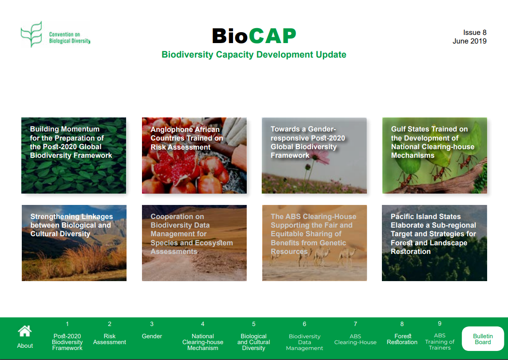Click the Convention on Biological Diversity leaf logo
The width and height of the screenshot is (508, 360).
(x=31, y=34)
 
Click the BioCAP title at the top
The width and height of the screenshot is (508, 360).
(x=254, y=36)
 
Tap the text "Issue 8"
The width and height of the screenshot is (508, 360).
(x=474, y=32)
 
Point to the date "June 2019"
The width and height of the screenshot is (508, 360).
(x=469, y=41)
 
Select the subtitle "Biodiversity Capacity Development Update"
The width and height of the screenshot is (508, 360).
(x=254, y=54)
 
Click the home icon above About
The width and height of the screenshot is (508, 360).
(x=25, y=331)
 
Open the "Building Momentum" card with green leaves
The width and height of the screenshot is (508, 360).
(x=74, y=156)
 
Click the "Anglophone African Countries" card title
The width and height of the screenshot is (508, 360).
(x=186, y=138)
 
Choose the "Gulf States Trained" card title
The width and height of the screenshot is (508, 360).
(x=433, y=142)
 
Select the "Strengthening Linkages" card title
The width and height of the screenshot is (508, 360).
(x=72, y=225)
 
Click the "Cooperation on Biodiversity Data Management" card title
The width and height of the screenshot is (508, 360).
(x=191, y=234)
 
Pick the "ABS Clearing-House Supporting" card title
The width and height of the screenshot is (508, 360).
(x=313, y=234)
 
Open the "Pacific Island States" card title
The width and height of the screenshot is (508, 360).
(x=433, y=234)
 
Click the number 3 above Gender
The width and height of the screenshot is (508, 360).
(x=151, y=324)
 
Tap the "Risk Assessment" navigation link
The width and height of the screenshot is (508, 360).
(x=109, y=339)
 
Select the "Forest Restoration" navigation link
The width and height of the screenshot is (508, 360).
(x=402, y=339)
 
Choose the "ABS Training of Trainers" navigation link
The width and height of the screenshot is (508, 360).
(x=440, y=341)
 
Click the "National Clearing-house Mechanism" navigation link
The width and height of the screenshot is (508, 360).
(x=203, y=342)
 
